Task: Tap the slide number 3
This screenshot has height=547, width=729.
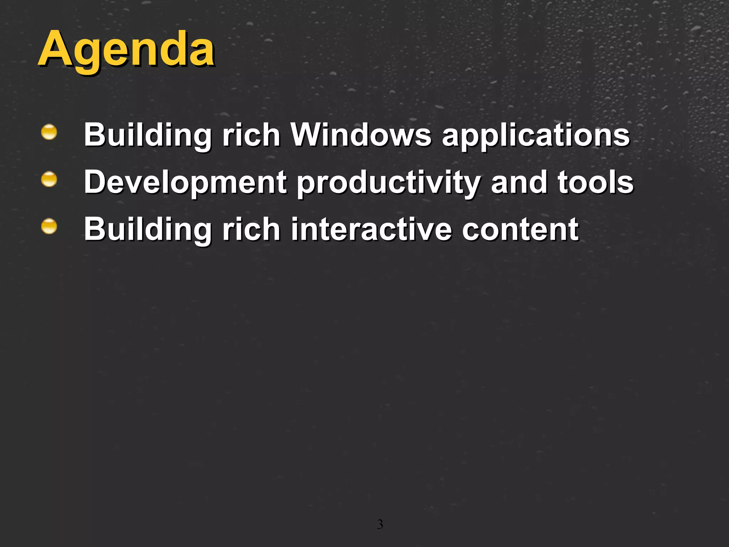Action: click(380, 525)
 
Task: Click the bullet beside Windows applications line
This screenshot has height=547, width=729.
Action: click(49, 132)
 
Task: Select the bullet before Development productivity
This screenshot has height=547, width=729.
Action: click(49, 179)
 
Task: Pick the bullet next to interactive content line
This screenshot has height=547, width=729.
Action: click(49, 226)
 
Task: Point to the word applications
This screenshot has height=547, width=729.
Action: click(536, 135)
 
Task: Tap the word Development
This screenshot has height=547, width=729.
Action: click(185, 182)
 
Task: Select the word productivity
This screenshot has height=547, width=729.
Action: click(389, 182)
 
